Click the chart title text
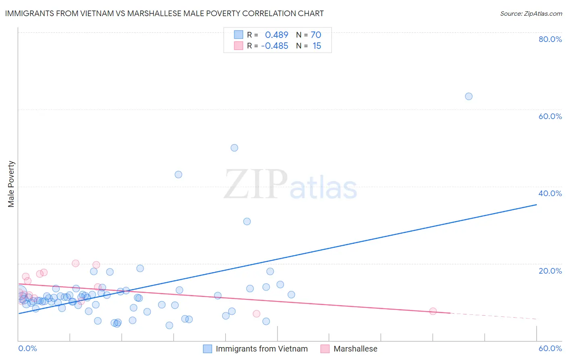(164, 13)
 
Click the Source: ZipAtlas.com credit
(531, 13)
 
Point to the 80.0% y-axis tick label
(550, 39)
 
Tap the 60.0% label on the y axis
(550, 116)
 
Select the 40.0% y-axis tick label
(550, 193)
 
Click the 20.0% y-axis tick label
(550, 270)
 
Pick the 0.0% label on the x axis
(27, 348)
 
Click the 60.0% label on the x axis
(550, 348)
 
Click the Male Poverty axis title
(11, 184)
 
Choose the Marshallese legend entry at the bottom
(355, 349)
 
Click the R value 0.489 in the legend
(277, 35)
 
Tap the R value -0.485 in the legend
(275, 46)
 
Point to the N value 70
(316, 35)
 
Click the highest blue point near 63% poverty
(469, 96)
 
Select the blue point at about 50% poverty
(234, 148)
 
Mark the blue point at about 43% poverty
(178, 174)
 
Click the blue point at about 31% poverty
(247, 221)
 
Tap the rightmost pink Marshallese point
(433, 311)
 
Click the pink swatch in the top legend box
(239, 46)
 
